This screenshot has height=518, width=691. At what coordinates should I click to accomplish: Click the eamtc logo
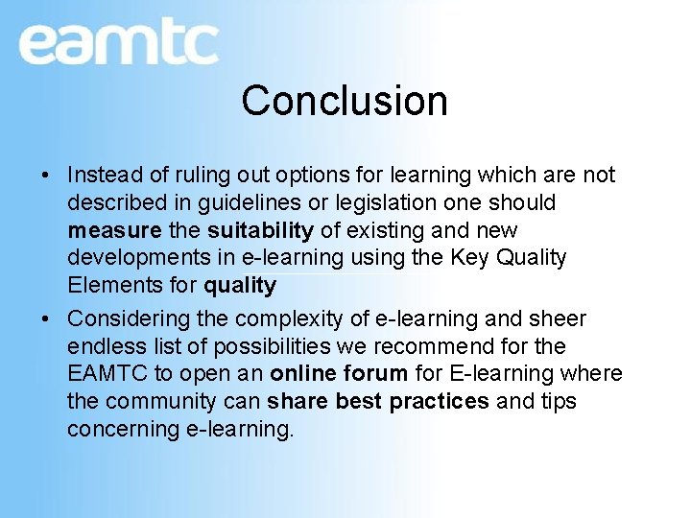[x=118, y=42]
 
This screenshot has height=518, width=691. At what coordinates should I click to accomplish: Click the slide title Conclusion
[x=345, y=101]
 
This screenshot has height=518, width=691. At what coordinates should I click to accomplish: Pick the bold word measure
[x=113, y=231]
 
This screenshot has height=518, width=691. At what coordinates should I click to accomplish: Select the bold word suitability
[x=260, y=231]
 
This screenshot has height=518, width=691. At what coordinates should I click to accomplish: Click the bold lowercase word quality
[x=240, y=286]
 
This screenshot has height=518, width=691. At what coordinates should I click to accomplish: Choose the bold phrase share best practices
[x=378, y=401]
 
